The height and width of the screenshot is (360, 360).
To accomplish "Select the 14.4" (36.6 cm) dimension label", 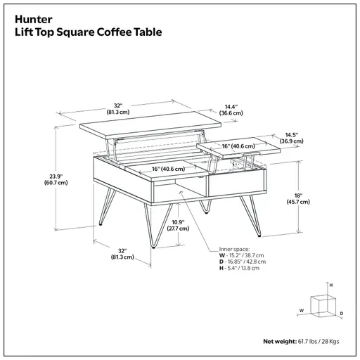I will (227, 109).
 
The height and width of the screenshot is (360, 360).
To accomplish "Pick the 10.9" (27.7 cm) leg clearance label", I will (179, 224).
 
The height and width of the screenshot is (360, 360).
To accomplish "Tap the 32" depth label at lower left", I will (122, 254).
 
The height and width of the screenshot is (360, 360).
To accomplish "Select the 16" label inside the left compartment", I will (168, 169).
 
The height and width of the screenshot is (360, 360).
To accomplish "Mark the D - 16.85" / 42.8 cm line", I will (243, 262).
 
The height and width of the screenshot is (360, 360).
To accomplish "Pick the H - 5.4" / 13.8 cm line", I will (240, 269).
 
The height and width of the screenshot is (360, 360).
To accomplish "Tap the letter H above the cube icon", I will (331, 285).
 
